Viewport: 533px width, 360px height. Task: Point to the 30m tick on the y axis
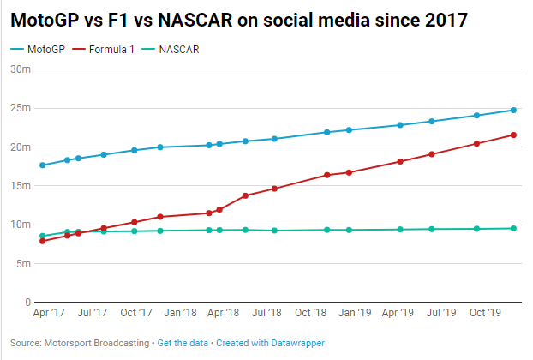pyautogui.click(x=21, y=69)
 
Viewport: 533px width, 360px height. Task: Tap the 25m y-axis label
pyautogui.click(x=21, y=108)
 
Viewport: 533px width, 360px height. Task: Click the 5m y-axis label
pyautogui.click(x=22, y=264)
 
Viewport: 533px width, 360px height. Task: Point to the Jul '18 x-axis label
pyautogui.click(x=266, y=315)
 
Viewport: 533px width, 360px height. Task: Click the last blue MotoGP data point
pyautogui.click(x=513, y=110)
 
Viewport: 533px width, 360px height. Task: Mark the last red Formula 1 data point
pyautogui.click(x=513, y=135)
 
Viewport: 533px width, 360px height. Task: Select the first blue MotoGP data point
pyautogui.click(x=43, y=165)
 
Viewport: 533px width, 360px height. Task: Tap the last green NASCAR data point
pyautogui.click(x=513, y=228)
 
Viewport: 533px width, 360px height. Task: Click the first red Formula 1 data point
pyautogui.click(x=43, y=241)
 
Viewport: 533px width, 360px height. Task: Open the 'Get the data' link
pyautogui.click(x=183, y=343)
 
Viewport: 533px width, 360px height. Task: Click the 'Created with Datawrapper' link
pyautogui.click(x=270, y=343)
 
